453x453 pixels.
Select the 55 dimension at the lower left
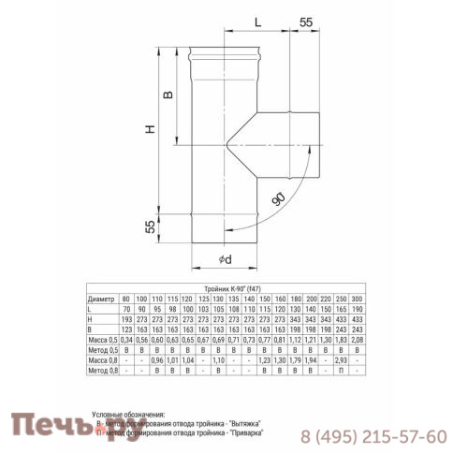(150, 227)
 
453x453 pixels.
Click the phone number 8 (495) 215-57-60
(373, 435)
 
